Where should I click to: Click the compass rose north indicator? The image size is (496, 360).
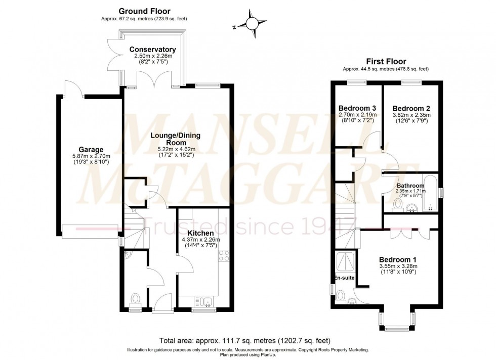(x=250, y=24)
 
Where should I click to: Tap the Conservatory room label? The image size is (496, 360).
(x=152, y=49)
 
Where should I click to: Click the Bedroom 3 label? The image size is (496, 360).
(x=357, y=108)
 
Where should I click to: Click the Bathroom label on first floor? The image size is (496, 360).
(x=410, y=186)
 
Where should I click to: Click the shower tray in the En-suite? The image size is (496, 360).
(x=344, y=261)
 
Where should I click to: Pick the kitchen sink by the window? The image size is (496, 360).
(x=204, y=302)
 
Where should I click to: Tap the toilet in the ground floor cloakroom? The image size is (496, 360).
(x=135, y=300)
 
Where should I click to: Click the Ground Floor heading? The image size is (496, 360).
(x=144, y=11)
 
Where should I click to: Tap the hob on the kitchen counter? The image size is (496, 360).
(x=223, y=256)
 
